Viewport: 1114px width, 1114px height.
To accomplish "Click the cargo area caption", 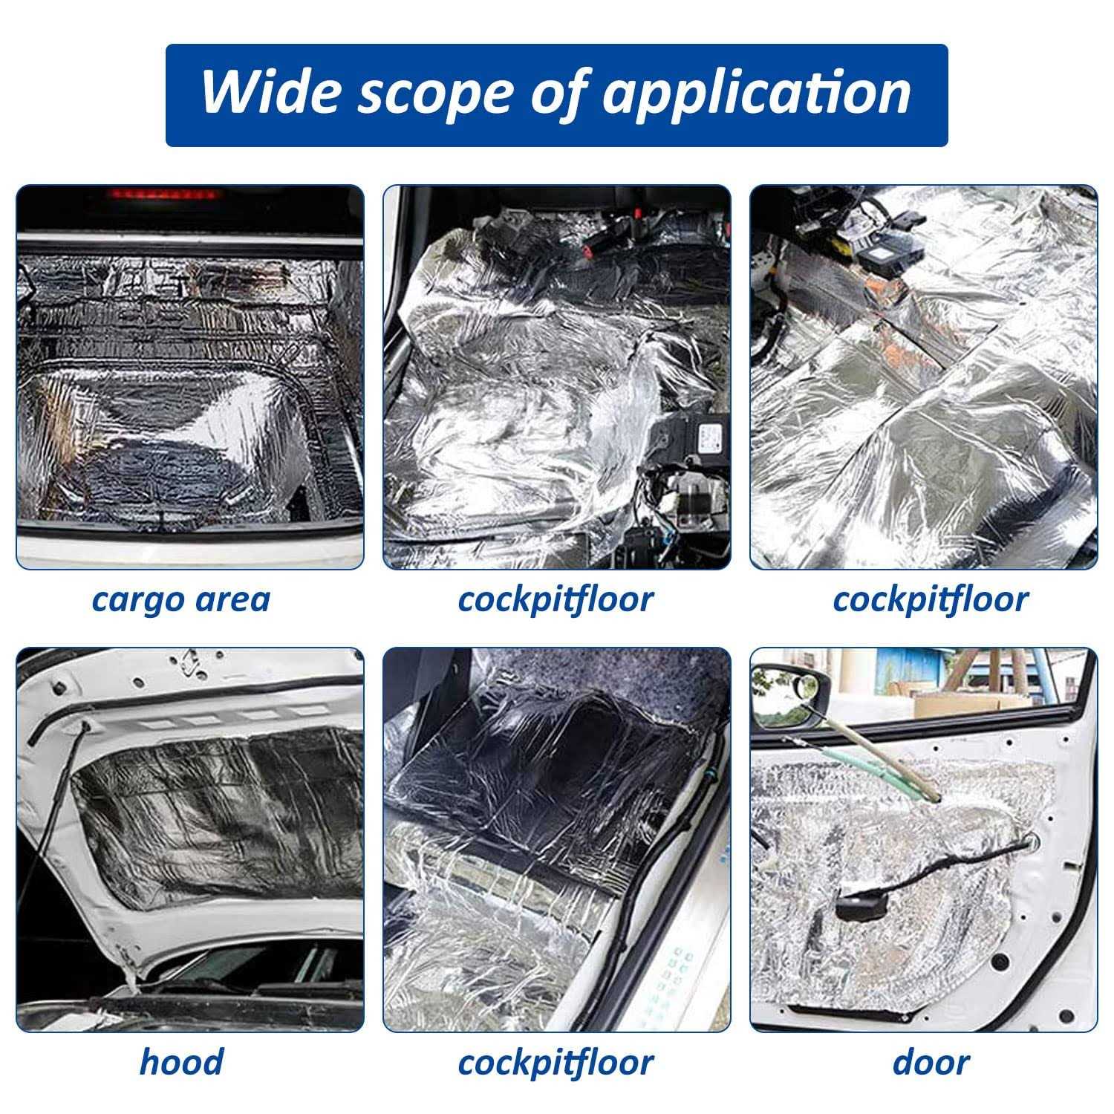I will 180,599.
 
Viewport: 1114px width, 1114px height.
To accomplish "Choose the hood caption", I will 180,1061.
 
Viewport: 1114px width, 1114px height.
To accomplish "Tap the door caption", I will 930,1061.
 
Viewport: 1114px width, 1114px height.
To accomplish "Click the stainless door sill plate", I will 668,958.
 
